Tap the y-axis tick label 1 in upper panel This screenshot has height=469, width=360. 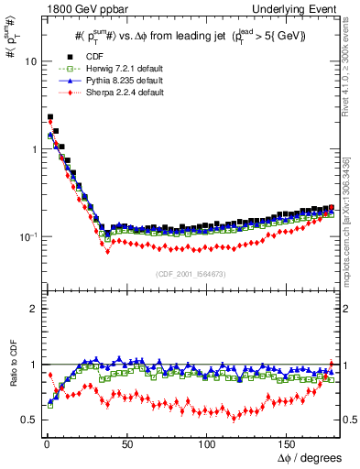click(x=32, y=149)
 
